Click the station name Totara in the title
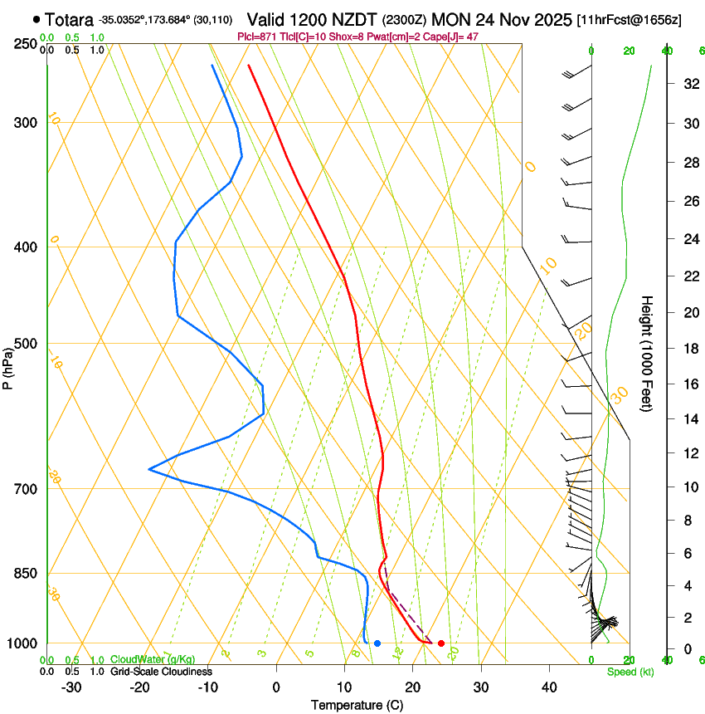coord(69,18)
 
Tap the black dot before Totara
coord(36,18)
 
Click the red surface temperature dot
coord(441,643)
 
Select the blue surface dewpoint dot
coord(377,643)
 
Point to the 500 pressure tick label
coord(26,344)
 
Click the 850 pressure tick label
coord(26,574)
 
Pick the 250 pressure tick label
coord(26,44)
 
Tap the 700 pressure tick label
coord(26,489)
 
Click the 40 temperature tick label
coord(548,687)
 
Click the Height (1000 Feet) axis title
coord(648,354)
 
